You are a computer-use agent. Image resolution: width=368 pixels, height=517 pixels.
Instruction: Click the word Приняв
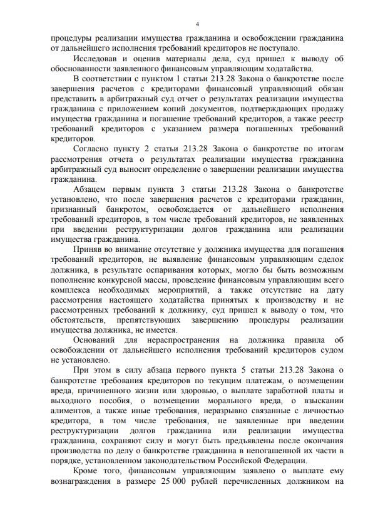(88, 250)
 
